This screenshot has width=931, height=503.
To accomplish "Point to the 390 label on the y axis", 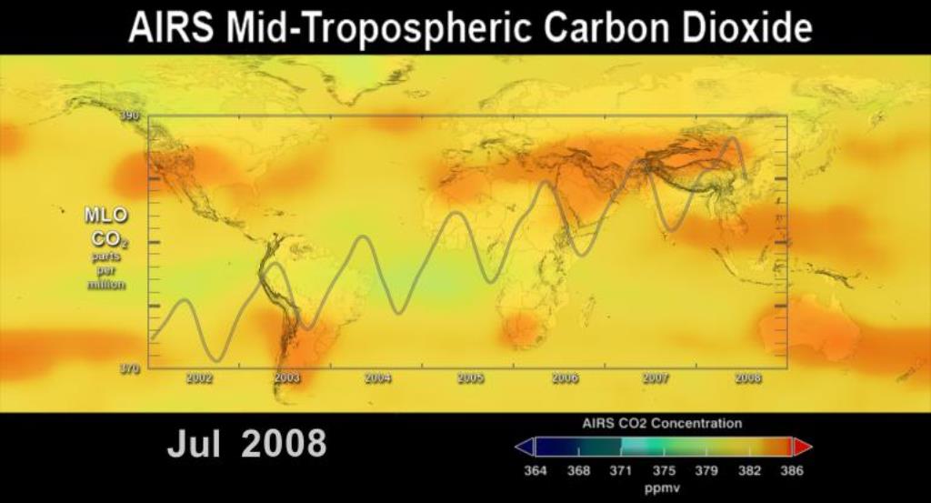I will tap(131, 116).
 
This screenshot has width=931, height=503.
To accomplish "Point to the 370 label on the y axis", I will tap(131, 369).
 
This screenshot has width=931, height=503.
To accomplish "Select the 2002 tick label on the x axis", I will tap(199, 378).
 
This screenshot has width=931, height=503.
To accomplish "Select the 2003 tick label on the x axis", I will tap(287, 378).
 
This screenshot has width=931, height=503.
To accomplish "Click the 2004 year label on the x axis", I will tap(378, 378).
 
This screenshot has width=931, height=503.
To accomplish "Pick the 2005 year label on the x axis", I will tap(470, 378).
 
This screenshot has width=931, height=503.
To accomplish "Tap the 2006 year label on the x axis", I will tap(565, 378).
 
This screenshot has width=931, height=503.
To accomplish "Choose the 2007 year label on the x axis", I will tap(656, 378).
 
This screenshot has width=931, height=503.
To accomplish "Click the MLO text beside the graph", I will tap(106, 216).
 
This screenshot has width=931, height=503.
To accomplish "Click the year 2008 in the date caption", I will tap(284, 444).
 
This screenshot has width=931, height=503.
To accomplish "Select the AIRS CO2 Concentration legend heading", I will tap(662, 424).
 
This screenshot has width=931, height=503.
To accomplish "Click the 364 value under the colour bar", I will tap(536, 471).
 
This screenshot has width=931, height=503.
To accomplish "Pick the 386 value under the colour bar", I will tap(791, 471).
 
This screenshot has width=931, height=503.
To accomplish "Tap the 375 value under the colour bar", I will tap(664, 471).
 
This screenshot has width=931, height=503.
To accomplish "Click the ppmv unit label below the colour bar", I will tap(663, 488).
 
